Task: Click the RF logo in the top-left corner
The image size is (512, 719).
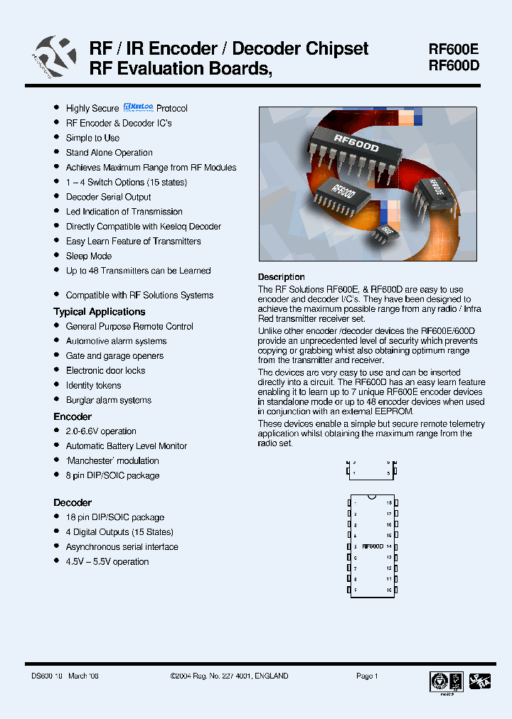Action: pyautogui.click(x=55, y=56)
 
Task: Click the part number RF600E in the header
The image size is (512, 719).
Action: pyautogui.click(x=454, y=50)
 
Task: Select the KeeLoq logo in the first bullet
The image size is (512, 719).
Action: pyautogui.click(x=138, y=108)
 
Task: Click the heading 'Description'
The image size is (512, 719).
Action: pyautogui.click(x=281, y=277)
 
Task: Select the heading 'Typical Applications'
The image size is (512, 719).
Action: pyautogui.click(x=99, y=312)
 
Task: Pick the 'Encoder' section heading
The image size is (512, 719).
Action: pyautogui.click(x=73, y=416)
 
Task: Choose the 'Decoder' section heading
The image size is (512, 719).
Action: pyautogui.click(x=73, y=502)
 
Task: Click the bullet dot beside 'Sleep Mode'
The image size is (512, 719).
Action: pyautogui.click(x=57, y=256)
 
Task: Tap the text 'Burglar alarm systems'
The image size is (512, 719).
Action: pyautogui.click(x=108, y=400)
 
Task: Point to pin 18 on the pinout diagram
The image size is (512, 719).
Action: pyautogui.click(x=389, y=502)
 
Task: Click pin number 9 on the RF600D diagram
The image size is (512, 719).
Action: pyautogui.click(x=355, y=590)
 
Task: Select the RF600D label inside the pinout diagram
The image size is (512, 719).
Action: pyautogui.click(x=372, y=546)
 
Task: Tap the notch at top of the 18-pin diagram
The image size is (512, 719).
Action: pyautogui.click(x=372, y=495)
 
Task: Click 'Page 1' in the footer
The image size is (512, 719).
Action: pyautogui.click(x=367, y=676)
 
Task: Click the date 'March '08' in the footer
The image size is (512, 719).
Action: pyautogui.click(x=84, y=676)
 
